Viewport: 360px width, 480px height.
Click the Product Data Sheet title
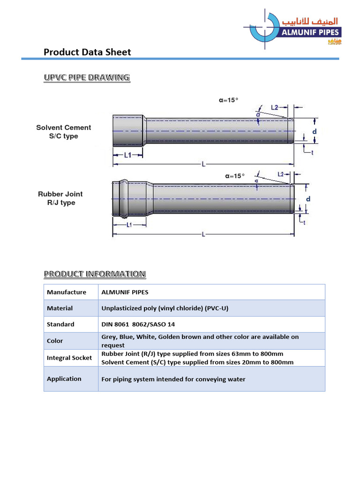point(87,52)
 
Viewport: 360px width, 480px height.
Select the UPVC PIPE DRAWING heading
point(87,77)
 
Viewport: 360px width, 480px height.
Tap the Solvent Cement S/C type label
point(64,132)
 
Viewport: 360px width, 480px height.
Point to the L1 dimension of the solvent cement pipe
point(127,155)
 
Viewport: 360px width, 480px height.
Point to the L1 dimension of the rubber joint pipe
point(129,225)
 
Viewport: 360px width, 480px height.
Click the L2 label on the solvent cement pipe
point(276,107)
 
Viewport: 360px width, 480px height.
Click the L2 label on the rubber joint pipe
point(281,174)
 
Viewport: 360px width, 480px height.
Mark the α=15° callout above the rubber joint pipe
point(235,176)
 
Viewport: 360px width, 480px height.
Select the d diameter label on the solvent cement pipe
point(315,132)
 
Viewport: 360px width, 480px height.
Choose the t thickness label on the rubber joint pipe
point(305,223)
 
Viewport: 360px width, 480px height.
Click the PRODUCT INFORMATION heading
point(95,274)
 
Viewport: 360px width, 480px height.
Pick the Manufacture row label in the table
point(67,292)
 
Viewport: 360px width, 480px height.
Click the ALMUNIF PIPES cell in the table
point(125,292)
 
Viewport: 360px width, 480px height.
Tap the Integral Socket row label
point(69,358)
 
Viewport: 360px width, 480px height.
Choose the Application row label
point(64,379)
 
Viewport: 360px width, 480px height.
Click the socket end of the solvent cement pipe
point(128,130)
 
